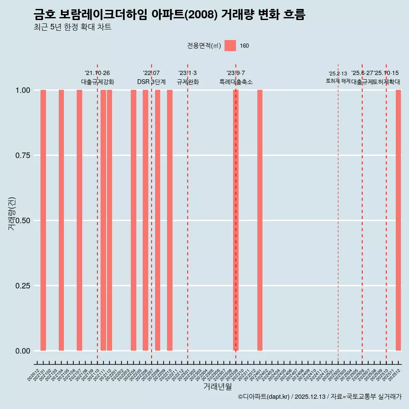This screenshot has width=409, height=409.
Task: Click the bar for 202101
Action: (43, 220)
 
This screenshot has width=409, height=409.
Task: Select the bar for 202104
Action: (61, 220)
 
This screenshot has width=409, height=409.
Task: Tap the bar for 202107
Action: (79, 220)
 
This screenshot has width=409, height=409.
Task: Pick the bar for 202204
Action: (133, 220)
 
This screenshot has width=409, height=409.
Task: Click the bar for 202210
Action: (170, 220)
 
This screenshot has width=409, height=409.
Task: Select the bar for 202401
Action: (260, 220)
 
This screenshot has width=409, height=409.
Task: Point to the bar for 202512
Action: (398, 220)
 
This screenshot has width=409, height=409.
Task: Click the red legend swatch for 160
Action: (230, 46)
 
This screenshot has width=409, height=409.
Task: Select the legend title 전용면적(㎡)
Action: (204, 46)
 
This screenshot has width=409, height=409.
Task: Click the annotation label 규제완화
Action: (188, 82)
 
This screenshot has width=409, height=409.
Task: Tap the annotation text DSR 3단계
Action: (151, 82)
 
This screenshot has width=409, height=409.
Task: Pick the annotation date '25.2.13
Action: (338, 74)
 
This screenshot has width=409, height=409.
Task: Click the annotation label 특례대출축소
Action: (236, 82)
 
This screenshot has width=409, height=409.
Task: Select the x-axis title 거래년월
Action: (217, 386)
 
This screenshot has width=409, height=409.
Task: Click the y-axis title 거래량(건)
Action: (12, 214)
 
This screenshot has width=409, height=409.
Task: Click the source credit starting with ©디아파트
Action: (320, 397)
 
